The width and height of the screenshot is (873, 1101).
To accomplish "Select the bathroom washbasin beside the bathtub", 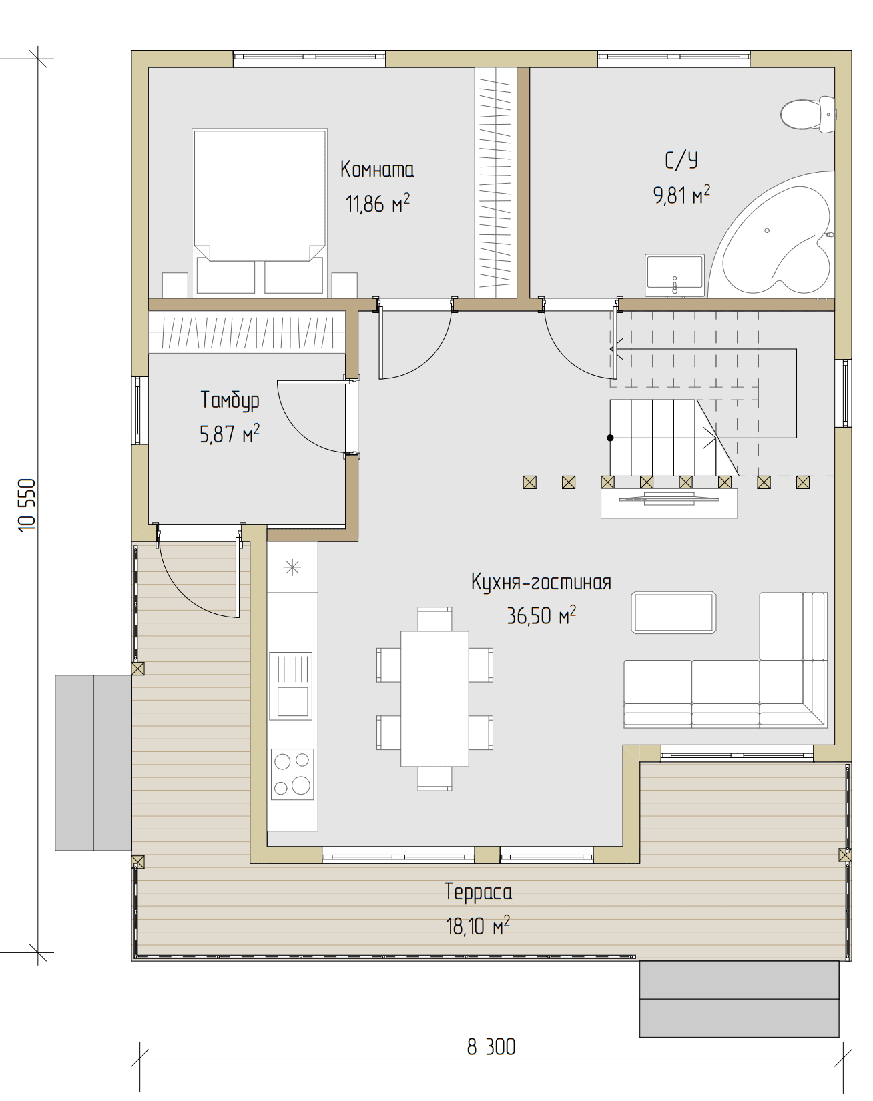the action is (x=675, y=275).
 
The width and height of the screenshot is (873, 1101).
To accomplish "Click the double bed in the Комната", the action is (x=260, y=212).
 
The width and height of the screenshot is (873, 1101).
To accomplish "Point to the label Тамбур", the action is (x=230, y=400).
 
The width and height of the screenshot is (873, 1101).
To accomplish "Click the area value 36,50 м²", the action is (x=541, y=615).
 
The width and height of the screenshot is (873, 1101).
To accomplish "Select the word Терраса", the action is (x=478, y=892).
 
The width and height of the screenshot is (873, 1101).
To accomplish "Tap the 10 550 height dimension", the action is (x=27, y=505).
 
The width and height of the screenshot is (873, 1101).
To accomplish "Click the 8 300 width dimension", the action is (x=491, y=1047).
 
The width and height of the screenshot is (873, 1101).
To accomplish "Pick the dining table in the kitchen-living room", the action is (x=434, y=699).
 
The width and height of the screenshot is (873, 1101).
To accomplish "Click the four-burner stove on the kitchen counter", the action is (x=292, y=773).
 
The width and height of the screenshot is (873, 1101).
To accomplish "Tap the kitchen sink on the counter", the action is (x=291, y=686).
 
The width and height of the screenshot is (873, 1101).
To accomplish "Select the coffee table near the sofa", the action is (x=673, y=612).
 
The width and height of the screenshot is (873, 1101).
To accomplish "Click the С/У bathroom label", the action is (x=681, y=160).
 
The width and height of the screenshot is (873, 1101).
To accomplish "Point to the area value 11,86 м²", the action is (x=377, y=203).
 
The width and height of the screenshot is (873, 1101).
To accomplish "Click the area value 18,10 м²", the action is (x=478, y=926).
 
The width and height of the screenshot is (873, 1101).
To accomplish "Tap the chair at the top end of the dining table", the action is (x=434, y=619).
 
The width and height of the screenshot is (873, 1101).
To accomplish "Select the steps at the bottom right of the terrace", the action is (x=739, y=999).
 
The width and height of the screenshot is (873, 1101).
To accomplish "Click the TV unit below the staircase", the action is (x=669, y=503).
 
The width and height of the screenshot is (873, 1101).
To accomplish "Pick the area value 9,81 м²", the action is (x=681, y=195).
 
